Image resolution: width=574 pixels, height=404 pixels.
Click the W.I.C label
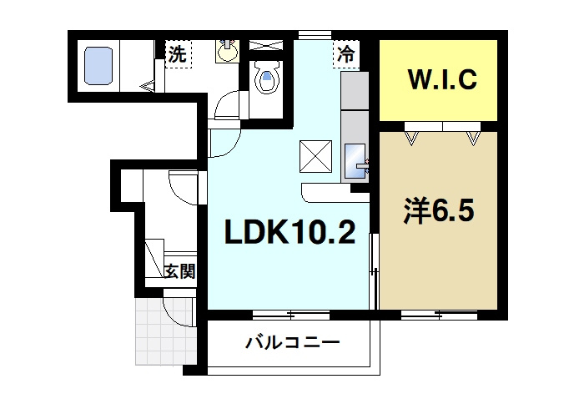click(441, 80)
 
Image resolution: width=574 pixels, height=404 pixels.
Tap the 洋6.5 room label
click(440, 211)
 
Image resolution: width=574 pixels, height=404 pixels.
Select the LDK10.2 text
click(290, 233)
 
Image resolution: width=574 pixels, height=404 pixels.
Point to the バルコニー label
click(292, 342)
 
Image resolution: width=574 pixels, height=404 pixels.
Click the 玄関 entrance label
click(179, 270)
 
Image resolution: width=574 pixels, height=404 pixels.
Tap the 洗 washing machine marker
click(177, 55)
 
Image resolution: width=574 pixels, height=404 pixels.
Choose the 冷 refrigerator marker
click(345, 56)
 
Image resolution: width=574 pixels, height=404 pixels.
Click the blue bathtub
click(98, 64)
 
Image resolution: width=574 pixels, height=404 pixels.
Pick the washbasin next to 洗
click(226, 53)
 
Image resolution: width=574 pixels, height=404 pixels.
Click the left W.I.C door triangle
click(411, 135)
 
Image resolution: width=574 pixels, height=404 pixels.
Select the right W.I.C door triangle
click(474, 135)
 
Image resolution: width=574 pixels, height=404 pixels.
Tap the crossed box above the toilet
click(267, 43)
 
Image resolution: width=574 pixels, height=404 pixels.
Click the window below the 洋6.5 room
click(439, 314)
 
